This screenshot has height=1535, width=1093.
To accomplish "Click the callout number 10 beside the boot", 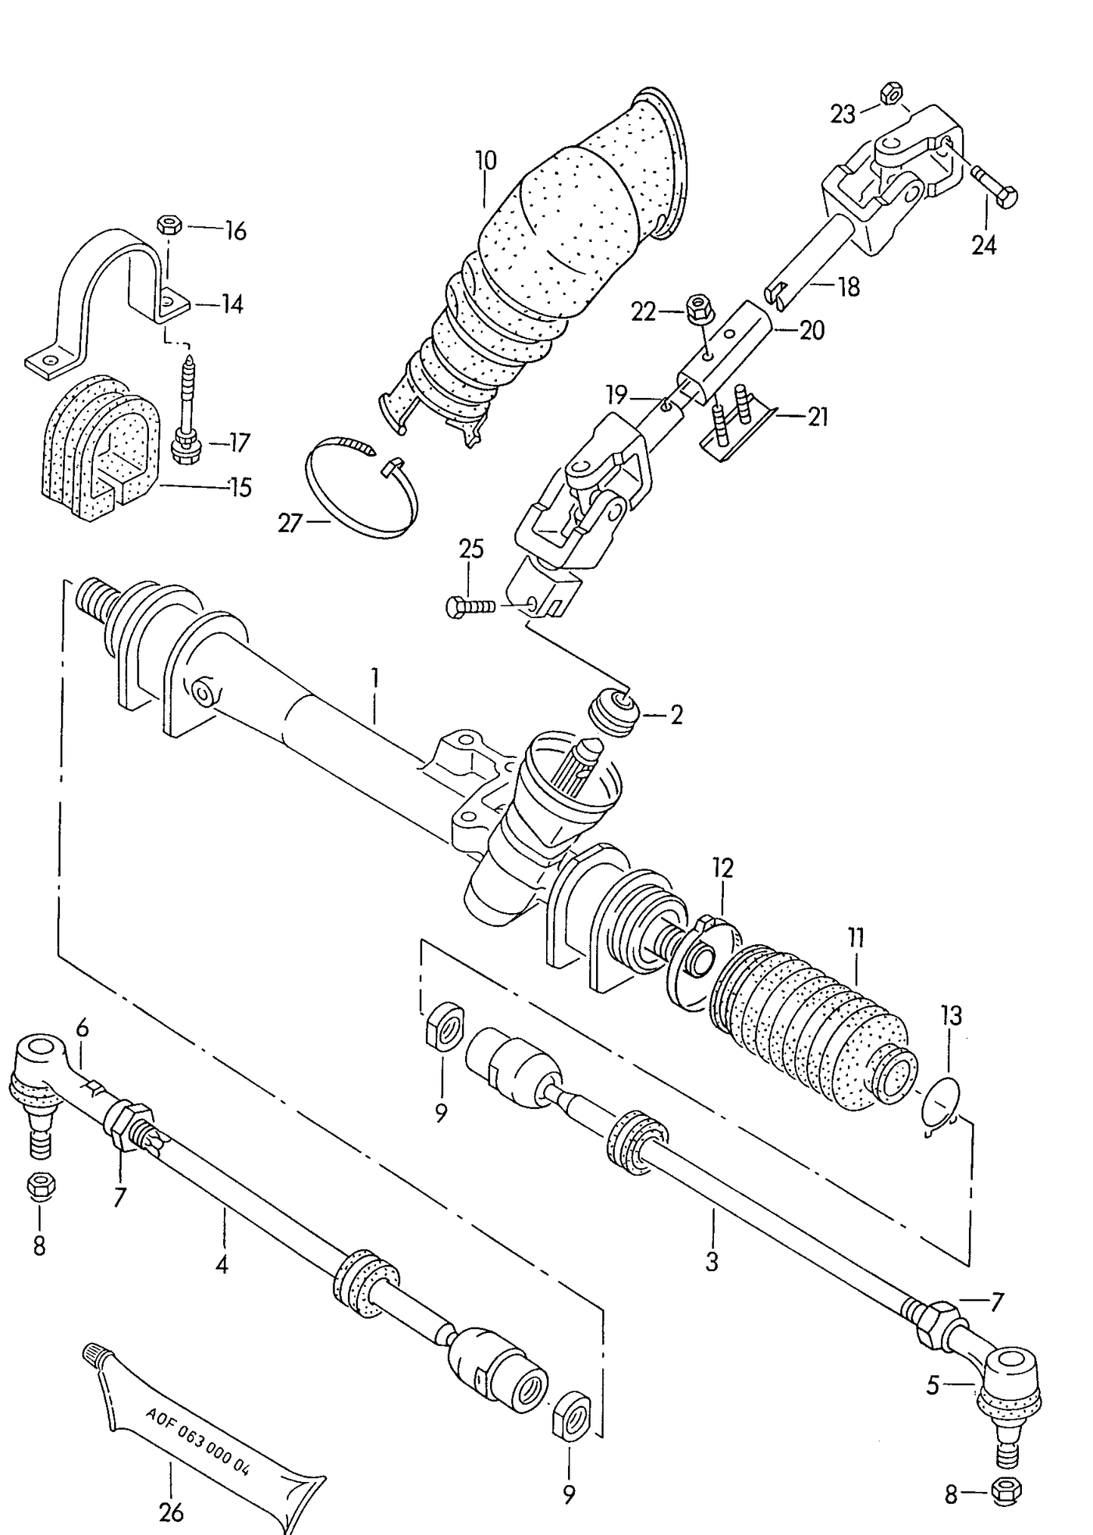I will click(486, 160).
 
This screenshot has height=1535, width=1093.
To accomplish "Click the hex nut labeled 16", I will click(168, 225).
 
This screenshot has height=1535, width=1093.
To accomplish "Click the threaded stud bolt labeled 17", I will click(187, 409).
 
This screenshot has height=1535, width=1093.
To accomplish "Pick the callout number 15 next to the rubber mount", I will click(240, 487).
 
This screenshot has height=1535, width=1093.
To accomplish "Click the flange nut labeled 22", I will click(697, 309).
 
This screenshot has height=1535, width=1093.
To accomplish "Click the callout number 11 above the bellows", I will click(855, 939).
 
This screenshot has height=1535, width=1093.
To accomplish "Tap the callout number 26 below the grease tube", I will click(172, 1512).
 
